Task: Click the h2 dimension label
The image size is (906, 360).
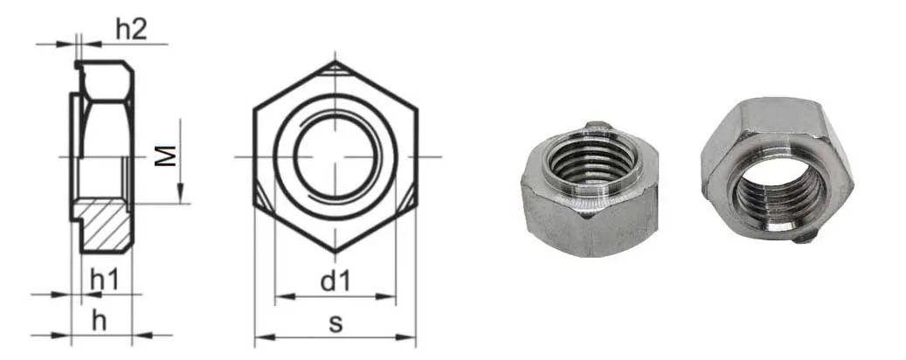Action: point(130,29)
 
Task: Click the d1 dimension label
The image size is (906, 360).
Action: point(335,281)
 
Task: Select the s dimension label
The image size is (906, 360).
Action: point(335,322)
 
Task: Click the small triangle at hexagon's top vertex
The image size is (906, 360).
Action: point(335,69)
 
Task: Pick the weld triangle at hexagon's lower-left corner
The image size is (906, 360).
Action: point(262,196)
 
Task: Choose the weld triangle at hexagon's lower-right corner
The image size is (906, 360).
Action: point(409,196)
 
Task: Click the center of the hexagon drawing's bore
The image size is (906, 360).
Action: point(335,156)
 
